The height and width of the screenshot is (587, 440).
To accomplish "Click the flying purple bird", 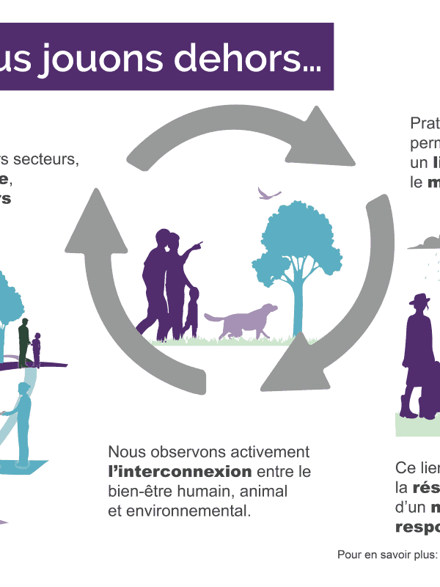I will tap(268, 194).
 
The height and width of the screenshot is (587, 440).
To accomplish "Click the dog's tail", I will tap(212, 317).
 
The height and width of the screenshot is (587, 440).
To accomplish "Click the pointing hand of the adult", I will tap(199, 244).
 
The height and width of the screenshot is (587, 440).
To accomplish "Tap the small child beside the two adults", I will tap(191, 312).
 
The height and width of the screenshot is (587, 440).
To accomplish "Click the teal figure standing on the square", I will tap(25, 426).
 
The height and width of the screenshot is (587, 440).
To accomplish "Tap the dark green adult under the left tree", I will tap(23, 342).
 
